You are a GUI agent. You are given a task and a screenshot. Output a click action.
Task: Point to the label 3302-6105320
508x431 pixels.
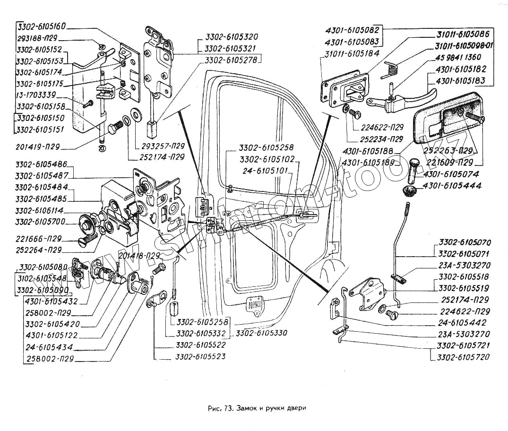click(232, 37)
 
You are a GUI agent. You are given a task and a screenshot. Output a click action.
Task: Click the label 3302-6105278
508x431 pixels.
click(232, 60)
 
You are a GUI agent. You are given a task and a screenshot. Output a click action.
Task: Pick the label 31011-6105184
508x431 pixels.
click(352, 54)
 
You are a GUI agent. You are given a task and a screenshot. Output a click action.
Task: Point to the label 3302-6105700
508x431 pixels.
click(40, 222)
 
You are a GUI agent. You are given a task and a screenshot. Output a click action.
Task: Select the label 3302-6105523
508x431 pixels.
click(200, 357)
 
